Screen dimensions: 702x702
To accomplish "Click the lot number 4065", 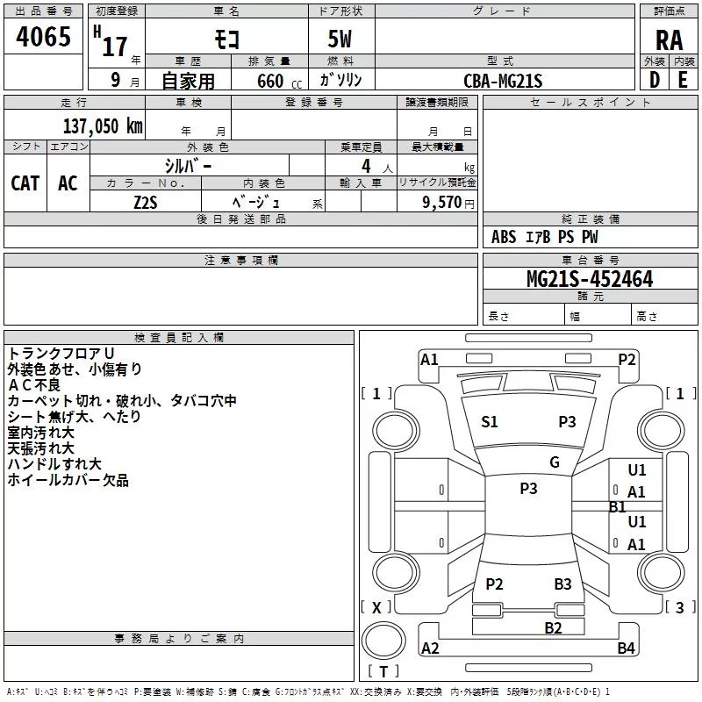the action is pos(44,38).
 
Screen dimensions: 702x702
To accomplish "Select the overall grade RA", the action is pos(669,39).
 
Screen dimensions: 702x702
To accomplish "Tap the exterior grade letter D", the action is pos(654,80).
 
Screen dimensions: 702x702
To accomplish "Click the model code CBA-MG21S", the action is pos(504,82).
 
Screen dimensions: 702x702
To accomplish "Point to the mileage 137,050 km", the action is pos(103,125).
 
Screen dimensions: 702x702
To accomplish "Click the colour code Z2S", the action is pos(147,201).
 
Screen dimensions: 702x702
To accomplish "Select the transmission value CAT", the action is pos(25,183).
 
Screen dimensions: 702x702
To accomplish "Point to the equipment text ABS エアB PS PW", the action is pos(544,237).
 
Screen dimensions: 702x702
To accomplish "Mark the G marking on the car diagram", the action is pos(555,462).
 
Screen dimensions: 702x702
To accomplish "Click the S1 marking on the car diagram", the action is pos(490,422).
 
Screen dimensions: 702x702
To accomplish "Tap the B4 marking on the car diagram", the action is pos(626,648).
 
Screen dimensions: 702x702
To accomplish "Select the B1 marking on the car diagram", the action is pos(618,506).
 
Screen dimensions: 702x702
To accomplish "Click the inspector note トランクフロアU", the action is pos(61,354).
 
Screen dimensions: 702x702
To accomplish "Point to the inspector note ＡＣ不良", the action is pos(34,385).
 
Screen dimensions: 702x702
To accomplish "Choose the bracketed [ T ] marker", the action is pos(383,672).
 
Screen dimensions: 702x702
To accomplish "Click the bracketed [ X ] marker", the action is pos(376,607).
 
